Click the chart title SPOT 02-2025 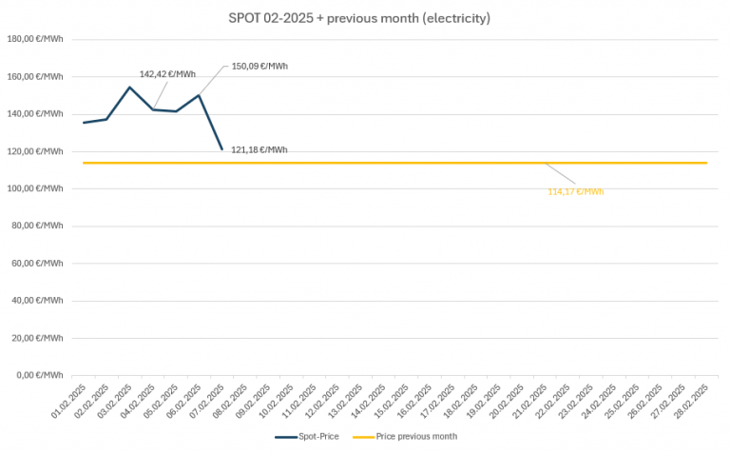point(359,18)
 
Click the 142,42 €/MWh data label point(167,73)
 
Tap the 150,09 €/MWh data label point(259,67)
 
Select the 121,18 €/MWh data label point(259,149)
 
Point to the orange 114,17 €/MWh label point(575,191)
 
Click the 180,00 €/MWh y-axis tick point(35,39)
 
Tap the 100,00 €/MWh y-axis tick point(35,188)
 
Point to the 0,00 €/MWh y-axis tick point(38,375)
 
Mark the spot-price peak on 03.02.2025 point(130,88)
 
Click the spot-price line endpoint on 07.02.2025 point(222,149)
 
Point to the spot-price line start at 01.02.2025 point(84,123)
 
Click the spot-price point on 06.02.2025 point(199,95)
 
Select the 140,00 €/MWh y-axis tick point(35,114)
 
